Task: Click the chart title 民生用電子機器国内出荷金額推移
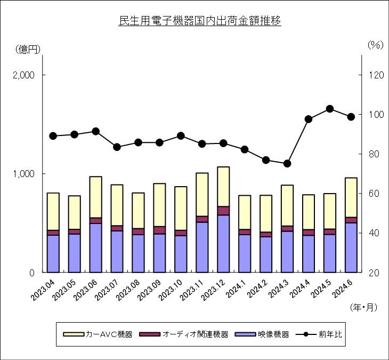click(x=200, y=21)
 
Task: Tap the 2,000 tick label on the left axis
click(x=23, y=75)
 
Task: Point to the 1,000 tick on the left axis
click(x=23, y=174)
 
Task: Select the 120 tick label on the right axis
click(x=376, y=75)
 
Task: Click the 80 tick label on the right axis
click(x=374, y=154)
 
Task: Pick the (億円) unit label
click(x=28, y=50)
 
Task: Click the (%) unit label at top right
click(x=376, y=45)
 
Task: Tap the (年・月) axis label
click(x=363, y=307)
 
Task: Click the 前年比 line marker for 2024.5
click(x=330, y=109)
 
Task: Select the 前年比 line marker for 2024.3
click(x=287, y=164)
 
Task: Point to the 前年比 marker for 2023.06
click(x=96, y=131)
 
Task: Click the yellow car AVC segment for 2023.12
click(x=223, y=187)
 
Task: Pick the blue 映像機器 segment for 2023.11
click(x=202, y=247)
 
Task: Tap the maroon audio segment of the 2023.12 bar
click(x=223, y=211)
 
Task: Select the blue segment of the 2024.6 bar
click(x=351, y=248)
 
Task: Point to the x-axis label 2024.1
click(x=235, y=289)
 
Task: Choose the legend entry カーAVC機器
click(x=98, y=334)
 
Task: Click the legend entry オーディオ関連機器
click(x=184, y=334)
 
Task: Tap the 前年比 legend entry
click(x=319, y=334)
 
